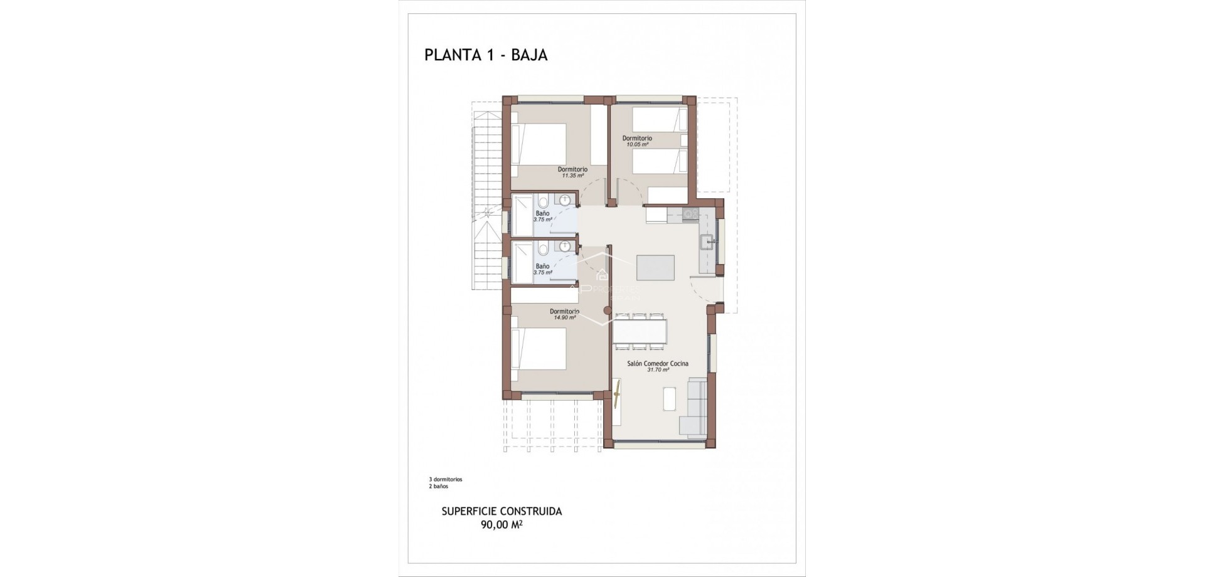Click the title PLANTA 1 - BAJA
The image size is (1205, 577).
486,55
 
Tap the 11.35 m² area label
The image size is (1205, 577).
572,176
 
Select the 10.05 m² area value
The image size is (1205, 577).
636,145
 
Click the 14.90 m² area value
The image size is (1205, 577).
564,318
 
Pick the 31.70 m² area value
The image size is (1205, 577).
658,370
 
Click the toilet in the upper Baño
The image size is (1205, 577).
544,202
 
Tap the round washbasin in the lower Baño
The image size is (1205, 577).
565,246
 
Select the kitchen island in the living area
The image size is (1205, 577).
655,268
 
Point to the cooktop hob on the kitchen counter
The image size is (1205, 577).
691,214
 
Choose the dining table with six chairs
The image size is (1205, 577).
640,331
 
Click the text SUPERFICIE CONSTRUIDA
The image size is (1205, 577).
501,511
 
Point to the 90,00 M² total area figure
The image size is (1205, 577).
501,526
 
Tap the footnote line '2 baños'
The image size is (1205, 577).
438,486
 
